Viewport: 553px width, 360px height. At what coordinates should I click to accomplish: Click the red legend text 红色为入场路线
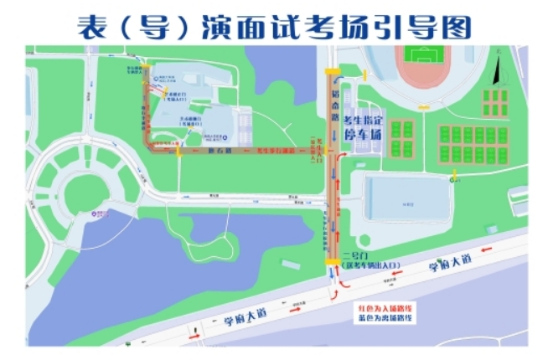tap(384, 308)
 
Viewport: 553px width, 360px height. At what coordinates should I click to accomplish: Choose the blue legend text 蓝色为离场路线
tap(384, 318)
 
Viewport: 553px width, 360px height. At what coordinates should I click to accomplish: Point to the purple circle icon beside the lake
tap(96, 212)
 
